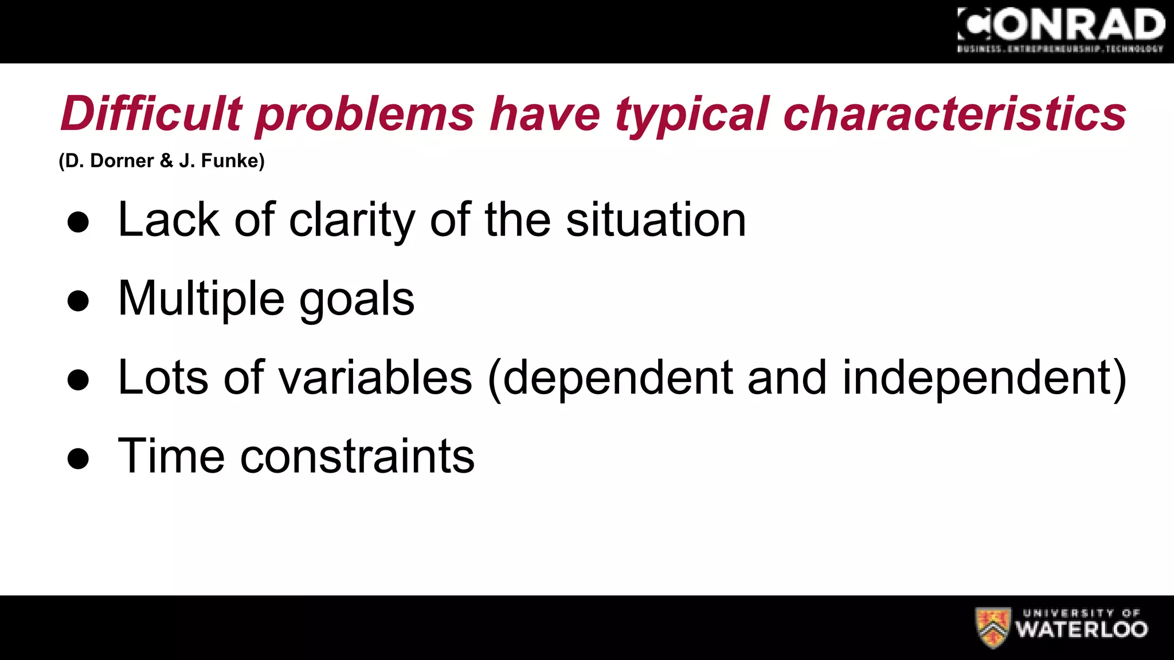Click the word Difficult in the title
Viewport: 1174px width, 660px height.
151,113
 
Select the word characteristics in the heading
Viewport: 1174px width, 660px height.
954,113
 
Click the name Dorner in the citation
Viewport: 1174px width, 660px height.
122,161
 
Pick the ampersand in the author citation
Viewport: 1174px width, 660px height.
167,161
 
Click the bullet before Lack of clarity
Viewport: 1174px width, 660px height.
78,222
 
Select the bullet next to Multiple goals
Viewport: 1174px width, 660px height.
78,300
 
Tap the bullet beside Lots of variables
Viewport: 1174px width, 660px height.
78,379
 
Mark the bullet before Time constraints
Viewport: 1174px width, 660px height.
78,458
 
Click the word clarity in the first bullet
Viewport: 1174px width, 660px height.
352,221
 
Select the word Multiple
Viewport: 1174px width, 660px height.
201,299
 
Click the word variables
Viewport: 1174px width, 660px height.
375,378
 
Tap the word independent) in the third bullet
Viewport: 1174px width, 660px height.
984,379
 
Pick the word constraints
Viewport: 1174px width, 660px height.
357,457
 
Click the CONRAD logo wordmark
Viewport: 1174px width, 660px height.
1060,25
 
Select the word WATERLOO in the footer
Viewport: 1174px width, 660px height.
1082,630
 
